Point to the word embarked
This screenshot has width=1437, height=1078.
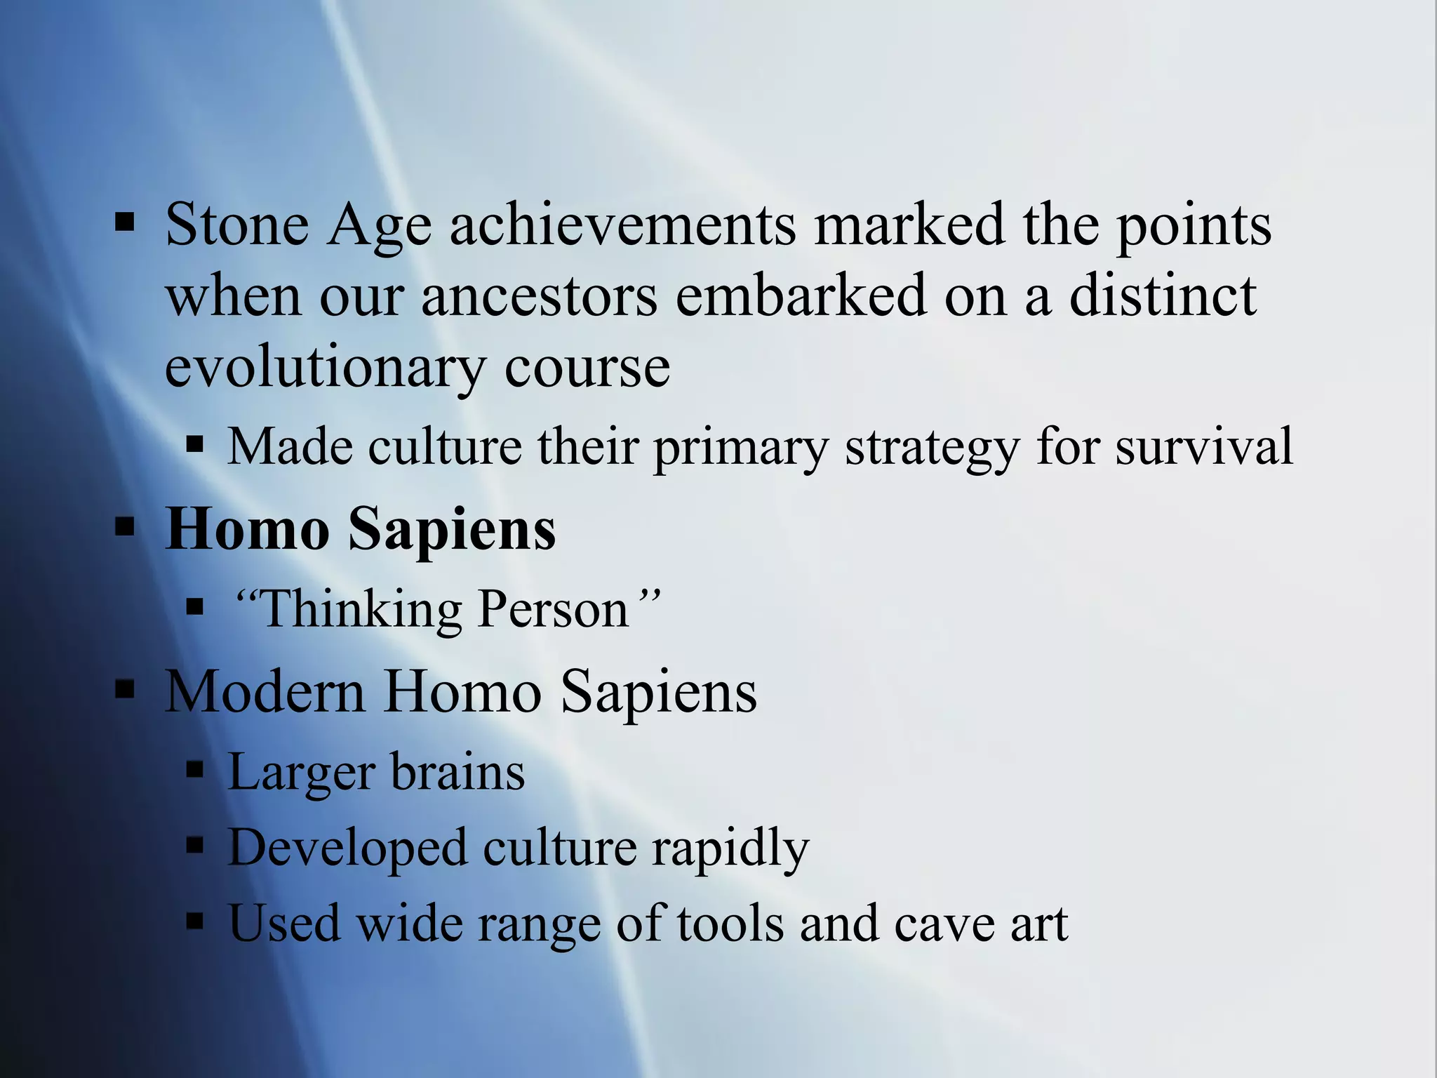tap(801, 296)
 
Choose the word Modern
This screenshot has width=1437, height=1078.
tap(265, 691)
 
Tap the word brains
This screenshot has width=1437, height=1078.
tap(457, 772)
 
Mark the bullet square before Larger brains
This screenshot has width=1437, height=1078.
tap(195, 771)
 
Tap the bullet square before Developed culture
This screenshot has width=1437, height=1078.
tap(195, 846)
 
